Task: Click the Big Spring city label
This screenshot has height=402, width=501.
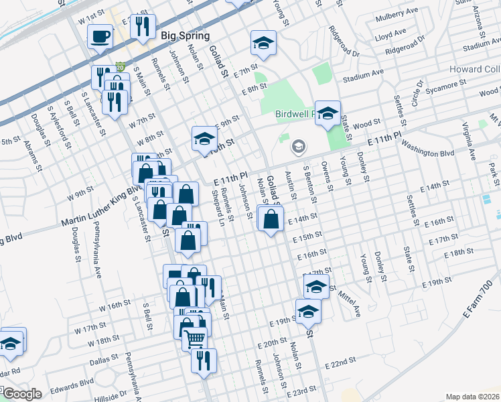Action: pyautogui.click(x=185, y=36)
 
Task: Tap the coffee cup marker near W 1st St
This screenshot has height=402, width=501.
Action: pyautogui.click(x=100, y=36)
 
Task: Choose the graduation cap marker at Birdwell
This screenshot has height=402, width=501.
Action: pyautogui.click(x=328, y=113)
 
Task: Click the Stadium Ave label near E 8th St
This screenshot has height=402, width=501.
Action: pyautogui.click(x=362, y=74)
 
